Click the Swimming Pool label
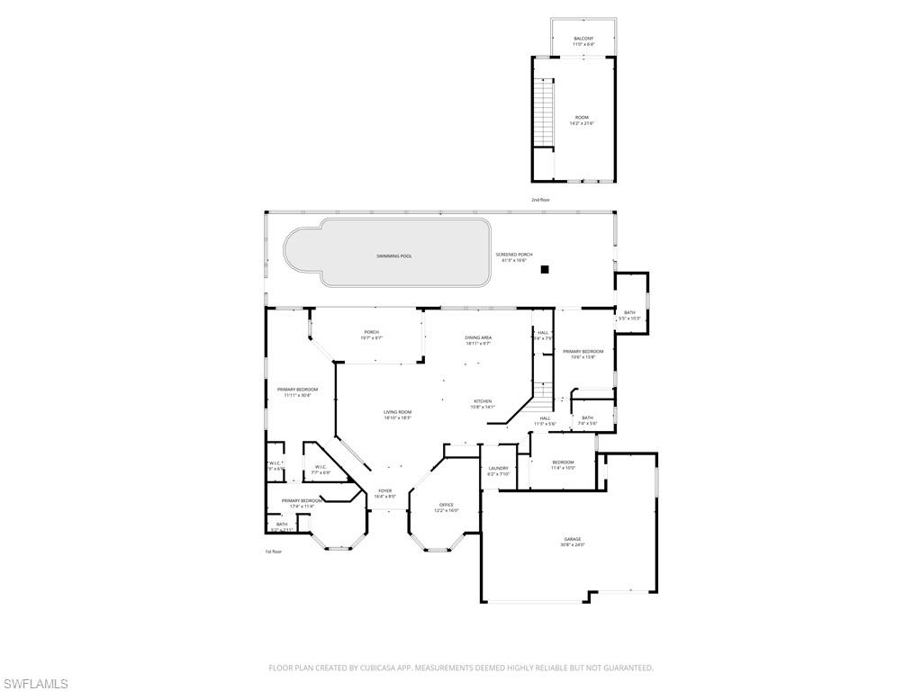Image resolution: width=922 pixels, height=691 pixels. coord(393,256)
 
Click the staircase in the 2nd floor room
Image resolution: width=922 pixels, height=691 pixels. coord(542,112)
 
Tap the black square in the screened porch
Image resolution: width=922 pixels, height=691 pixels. coord(544,268)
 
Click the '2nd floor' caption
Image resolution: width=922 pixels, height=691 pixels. coord(540,199)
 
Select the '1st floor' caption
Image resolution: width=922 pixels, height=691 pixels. coord(273,552)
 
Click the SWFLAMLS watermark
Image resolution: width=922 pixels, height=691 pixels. coord(35,684)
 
